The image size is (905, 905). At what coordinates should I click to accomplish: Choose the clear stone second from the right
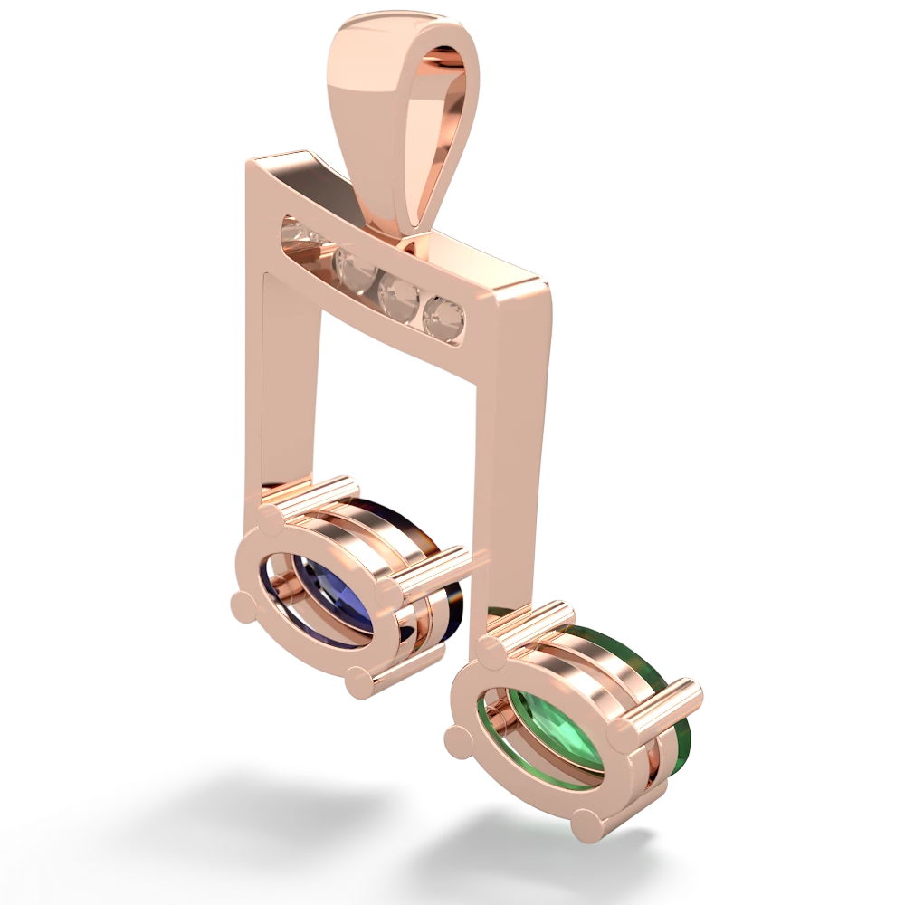click(396, 292)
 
